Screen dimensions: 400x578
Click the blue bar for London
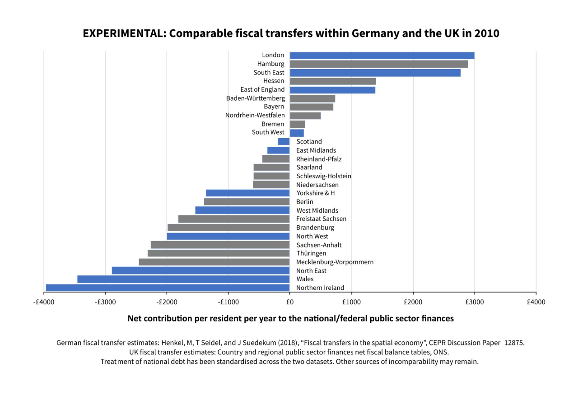tap(382, 56)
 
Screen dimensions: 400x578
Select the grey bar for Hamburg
tap(378, 64)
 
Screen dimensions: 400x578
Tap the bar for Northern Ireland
tap(168, 288)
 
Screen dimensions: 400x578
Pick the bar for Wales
tap(183, 279)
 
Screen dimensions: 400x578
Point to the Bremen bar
tap(297, 124)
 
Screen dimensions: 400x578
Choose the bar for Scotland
tap(284, 141)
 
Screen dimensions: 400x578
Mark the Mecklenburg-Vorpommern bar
tap(214, 262)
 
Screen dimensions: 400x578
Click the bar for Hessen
tap(332, 81)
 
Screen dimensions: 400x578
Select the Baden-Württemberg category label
tap(255, 98)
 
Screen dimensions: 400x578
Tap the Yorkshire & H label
tap(316, 193)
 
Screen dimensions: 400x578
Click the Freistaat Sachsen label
tap(321, 219)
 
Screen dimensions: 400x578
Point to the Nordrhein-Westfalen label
tap(255, 115)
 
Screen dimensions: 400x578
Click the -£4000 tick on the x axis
tap(44, 302)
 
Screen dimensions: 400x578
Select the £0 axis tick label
tap(289, 302)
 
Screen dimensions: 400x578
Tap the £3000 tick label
tap(474, 302)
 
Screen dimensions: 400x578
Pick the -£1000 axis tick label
tap(228, 302)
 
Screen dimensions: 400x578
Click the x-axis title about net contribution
tap(290, 318)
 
